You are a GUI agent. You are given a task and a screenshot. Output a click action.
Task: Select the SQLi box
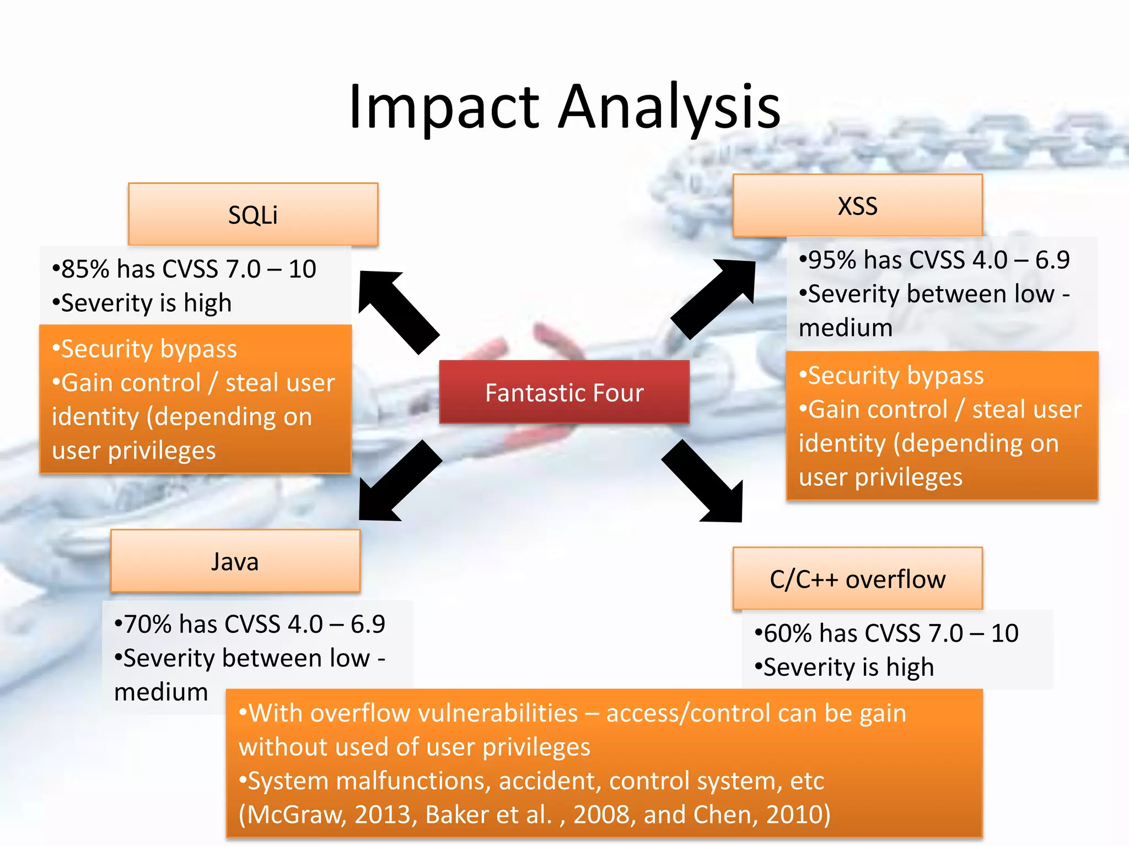253,214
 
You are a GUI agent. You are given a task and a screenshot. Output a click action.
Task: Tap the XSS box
857,206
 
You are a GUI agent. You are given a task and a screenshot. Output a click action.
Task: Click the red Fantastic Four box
564,392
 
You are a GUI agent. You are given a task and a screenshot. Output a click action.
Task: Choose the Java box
235,561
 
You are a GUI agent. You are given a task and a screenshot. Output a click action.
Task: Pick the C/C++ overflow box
857,579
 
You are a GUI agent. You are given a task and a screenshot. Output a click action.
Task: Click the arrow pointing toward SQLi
398,311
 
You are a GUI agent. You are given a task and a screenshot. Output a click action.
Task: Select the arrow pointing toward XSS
715,297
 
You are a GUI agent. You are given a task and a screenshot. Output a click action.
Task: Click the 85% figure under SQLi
85,269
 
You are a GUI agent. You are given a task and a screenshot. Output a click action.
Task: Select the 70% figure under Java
147,625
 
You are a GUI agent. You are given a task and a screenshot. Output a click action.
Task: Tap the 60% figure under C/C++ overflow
787,633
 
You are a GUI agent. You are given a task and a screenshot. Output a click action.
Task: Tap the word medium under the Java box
161,692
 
